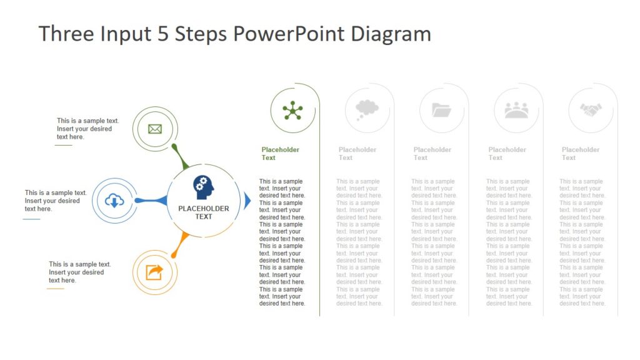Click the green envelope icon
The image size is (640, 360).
tap(155, 129)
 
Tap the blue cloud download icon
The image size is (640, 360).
tap(114, 201)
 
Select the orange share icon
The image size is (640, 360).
tap(154, 272)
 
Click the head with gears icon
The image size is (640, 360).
tap(203, 187)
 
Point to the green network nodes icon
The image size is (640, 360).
tap(292, 111)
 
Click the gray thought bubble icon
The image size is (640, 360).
tap(367, 110)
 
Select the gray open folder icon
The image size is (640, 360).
tap(441, 111)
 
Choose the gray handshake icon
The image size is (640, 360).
tap(590, 111)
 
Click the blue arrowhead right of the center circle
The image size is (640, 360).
tap(247, 201)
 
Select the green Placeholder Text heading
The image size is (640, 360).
tap(280, 154)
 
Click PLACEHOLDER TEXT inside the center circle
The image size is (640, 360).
tap(204, 212)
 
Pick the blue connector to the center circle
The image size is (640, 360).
tap(151, 201)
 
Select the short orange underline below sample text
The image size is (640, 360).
tap(55, 289)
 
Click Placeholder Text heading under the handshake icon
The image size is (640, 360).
tap(580, 154)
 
